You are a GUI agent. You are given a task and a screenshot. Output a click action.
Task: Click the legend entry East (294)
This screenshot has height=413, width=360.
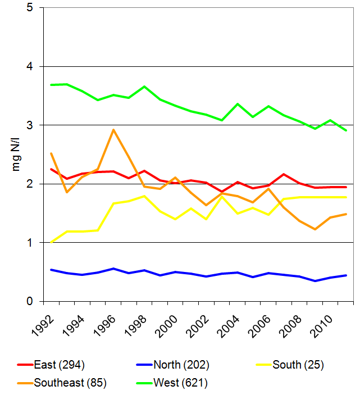[x=59, y=365]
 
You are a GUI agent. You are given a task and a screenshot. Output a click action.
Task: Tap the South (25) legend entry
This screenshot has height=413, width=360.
[x=298, y=365]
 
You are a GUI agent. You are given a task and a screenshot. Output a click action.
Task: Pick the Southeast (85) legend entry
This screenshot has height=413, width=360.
[x=70, y=383]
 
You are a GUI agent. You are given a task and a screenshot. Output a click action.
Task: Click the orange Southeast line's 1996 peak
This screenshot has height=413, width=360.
[x=113, y=130]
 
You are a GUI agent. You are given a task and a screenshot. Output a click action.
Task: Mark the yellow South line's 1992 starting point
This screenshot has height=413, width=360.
[x=52, y=242]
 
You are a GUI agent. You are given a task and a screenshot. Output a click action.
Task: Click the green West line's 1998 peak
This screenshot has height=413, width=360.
[x=144, y=87]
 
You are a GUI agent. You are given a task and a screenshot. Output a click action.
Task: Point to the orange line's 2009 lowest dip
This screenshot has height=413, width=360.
[x=315, y=229]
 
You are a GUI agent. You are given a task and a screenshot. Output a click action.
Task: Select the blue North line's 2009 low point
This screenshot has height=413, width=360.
[x=315, y=281]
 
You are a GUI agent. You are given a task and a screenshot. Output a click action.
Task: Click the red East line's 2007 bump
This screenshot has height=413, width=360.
[x=284, y=174]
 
